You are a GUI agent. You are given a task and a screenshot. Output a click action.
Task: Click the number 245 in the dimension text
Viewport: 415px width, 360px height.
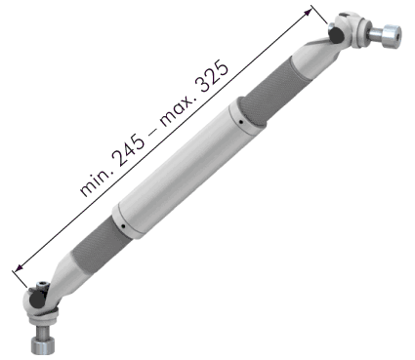point(129,150)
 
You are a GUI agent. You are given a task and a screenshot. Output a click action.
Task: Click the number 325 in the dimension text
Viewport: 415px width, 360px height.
point(212,76)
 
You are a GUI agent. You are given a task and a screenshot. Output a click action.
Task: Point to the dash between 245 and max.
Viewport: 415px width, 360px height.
point(152,130)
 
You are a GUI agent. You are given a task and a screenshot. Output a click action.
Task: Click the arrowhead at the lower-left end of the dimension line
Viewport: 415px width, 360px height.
point(19,267)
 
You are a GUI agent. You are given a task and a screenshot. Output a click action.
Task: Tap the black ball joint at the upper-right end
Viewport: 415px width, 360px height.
point(335,35)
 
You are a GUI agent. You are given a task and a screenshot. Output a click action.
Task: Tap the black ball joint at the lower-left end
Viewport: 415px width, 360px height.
point(37,299)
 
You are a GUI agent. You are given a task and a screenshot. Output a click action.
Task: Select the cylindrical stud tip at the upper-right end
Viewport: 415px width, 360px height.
point(392,37)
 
